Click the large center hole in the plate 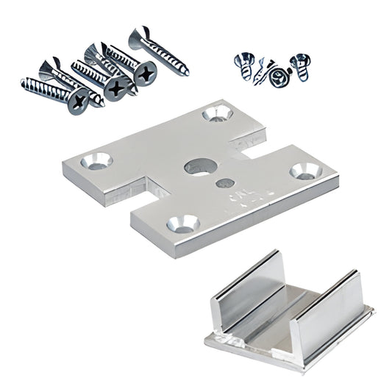[x=197, y=167]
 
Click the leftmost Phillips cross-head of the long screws [x=78, y=101]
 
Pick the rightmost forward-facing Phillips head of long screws [x=146, y=74]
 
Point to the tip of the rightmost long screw [x=185, y=72]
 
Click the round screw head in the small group [x=277, y=76]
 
